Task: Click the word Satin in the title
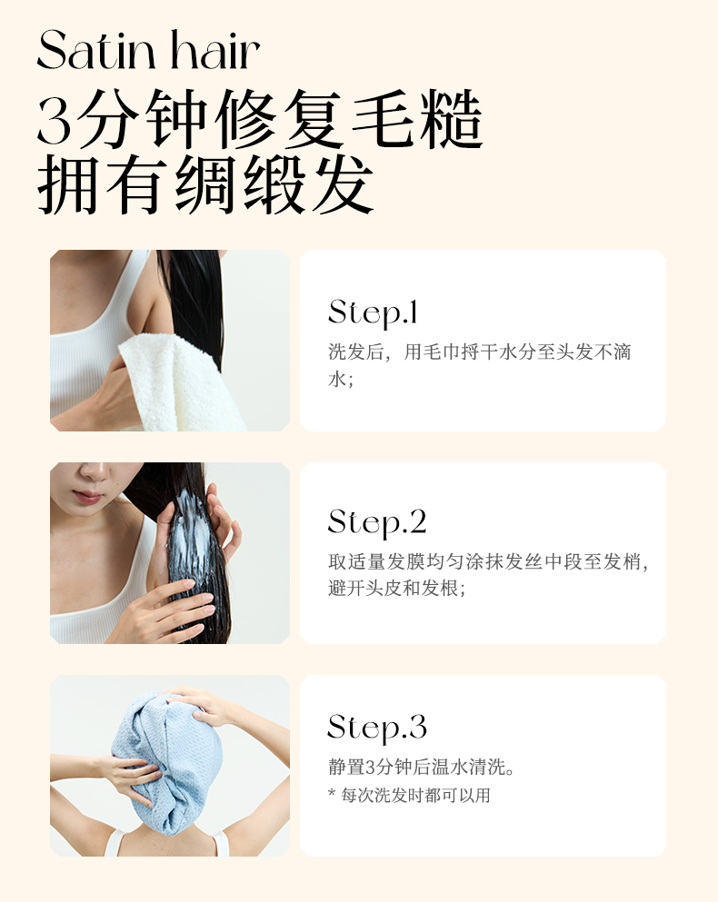pos(96,50)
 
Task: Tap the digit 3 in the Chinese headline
pos(55,122)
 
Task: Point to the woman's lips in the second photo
pos(87,497)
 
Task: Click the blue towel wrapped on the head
pos(167,759)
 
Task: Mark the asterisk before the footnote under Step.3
pos(332,793)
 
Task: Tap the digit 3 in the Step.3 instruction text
pos(371,767)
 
